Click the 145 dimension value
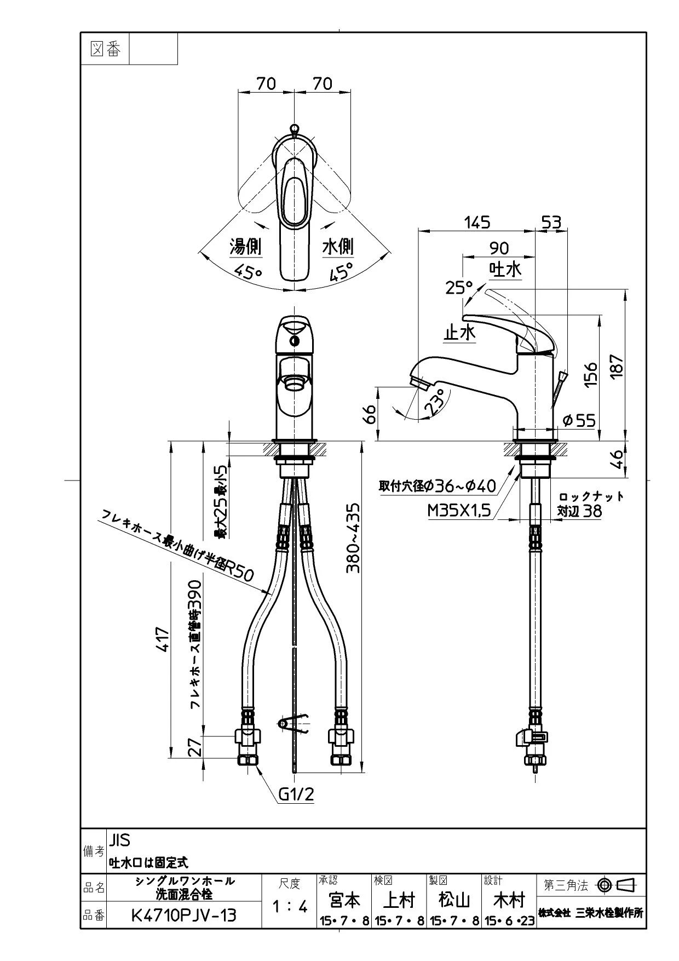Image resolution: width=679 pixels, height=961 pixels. pos(477,222)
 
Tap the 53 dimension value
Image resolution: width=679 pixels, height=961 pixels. pos(551,222)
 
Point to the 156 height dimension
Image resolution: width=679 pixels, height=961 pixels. pos(590,375)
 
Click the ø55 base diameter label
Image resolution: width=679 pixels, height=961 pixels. pos(579,420)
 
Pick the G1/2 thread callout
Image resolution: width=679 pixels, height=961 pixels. pos(296,794)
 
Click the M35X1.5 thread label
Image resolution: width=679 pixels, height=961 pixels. pos(459,511)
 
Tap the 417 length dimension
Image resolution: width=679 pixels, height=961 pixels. pos(163,639)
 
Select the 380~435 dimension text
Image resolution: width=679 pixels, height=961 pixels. pos(354,538)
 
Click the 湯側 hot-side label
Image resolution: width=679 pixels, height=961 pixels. pos(245,247)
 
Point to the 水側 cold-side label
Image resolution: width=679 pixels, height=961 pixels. pos(337,247)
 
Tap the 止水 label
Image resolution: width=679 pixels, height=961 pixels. pos(459,332)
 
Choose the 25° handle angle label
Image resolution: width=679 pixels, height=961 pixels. pos(459,287)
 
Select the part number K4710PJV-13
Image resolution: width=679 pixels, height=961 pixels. pos(184,915)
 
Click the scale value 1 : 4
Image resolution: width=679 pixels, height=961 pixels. pos(290,907)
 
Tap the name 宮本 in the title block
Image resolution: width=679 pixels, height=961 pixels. pos(345,900)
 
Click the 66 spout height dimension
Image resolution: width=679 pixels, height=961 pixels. pos(370,414)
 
